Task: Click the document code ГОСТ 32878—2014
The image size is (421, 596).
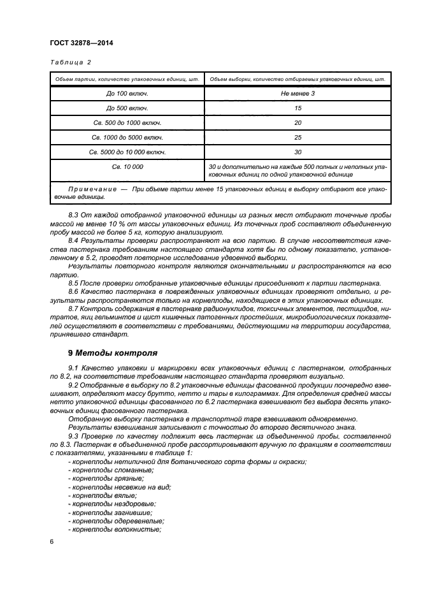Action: point(77,43)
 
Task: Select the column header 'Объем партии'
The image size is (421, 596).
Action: point(127,79)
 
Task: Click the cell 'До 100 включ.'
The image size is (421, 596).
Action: point(127,94)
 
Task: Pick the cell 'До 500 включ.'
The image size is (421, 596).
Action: point(127,108)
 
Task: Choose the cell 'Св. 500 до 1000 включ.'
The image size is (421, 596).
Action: point(127,123)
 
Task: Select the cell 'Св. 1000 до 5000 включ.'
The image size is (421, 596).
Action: point(127,138)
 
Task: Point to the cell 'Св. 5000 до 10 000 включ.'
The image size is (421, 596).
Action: point(127,152)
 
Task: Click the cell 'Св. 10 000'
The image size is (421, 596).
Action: point(127,167)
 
